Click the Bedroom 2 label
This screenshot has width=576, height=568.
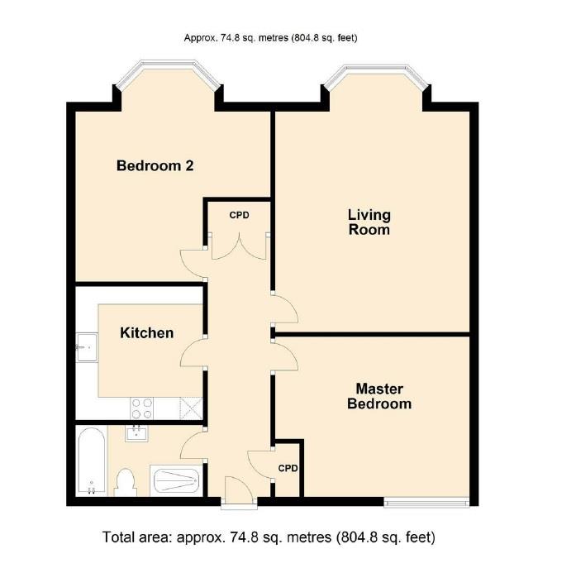[155, 165]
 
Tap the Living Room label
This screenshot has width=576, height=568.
[369, 222]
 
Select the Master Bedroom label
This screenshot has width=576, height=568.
[379, 396]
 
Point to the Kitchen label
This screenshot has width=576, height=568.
[147, 333]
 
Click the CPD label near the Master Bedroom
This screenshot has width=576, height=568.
[288, 468]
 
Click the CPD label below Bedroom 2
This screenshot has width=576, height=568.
[239, 215]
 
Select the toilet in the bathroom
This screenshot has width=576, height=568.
[126, 481]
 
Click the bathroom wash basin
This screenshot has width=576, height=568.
[137, 433]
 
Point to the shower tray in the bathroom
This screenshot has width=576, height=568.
[175, 480]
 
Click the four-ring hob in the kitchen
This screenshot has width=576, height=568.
[142, 407]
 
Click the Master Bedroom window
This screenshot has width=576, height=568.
[426, 501]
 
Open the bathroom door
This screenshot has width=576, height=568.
[192, 447]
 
